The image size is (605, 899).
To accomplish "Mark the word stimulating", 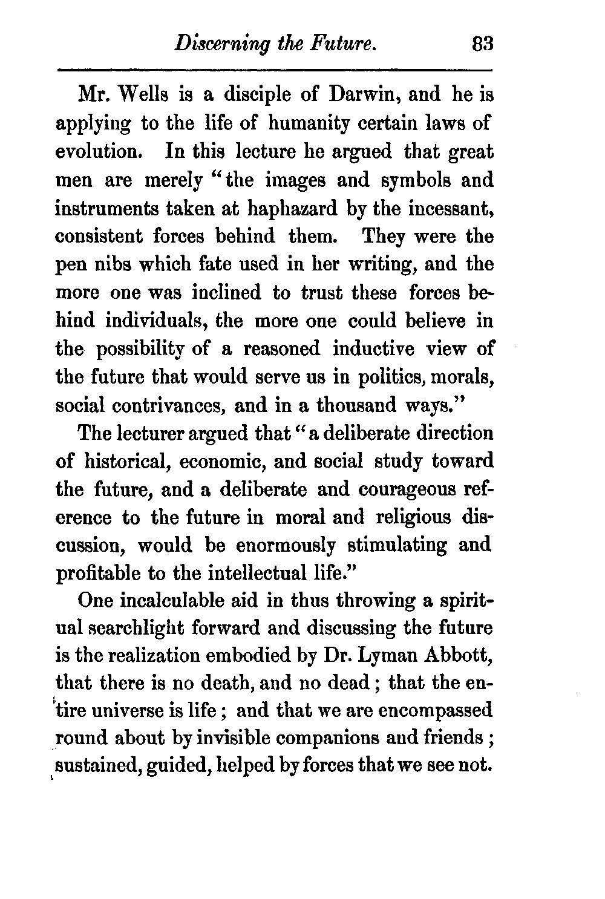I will click(393, 545).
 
